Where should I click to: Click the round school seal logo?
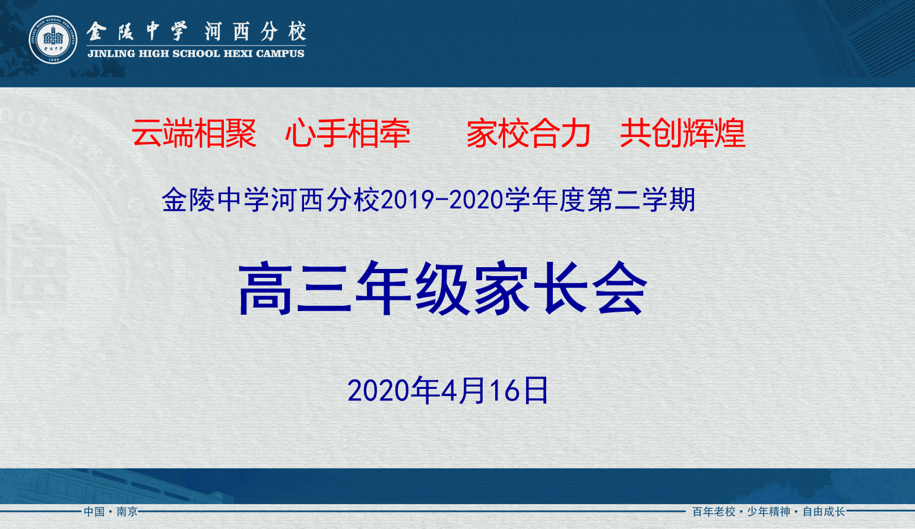point(53,40)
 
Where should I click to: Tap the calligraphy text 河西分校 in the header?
point(256,31)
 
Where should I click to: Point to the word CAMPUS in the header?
point(280,53)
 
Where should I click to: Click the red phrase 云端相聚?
point(194,133)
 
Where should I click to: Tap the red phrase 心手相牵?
point(347,133)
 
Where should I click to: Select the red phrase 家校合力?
point(528,133)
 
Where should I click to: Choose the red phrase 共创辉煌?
point(683,133)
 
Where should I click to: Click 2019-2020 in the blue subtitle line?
point(442,199)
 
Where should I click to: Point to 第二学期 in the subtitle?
point(641,199)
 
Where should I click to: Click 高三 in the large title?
point(295,288)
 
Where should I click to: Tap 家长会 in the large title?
point(561,288)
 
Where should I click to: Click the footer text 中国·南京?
point(110,511)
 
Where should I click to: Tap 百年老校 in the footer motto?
point(714,511)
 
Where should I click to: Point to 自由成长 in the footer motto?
point(824,511)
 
